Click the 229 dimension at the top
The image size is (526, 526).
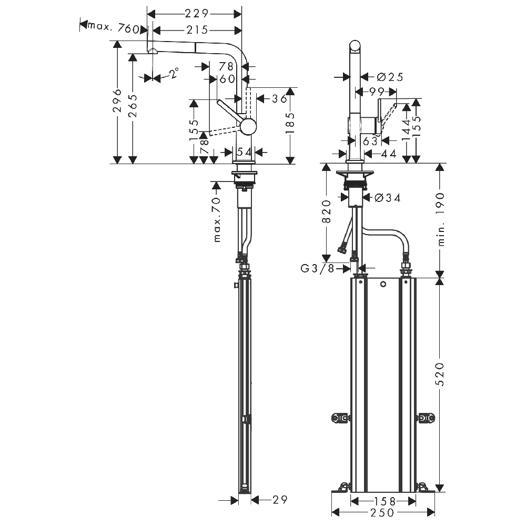(x=197, y=14)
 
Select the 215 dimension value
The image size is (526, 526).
(x=197, y=30)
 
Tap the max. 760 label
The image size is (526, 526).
(x=113, y=27)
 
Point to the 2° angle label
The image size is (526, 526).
(x=174, y=73)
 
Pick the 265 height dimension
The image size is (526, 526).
(x=133, y=106)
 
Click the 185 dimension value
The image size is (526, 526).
(x=290, y=123)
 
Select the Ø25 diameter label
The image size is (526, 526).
(x=390, y=77)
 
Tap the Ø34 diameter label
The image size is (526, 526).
(x=388, y=198)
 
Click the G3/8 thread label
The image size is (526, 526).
(x=318, y=268)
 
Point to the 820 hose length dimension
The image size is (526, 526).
(x=327, y=211)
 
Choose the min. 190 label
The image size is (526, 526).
(x=441, y=219)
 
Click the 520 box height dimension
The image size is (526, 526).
(x=440, y=374)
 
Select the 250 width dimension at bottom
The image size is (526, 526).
(x=382, y=512)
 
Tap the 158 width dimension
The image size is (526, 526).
(x=385, y=501)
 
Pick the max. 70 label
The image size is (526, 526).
(x=217, y=220)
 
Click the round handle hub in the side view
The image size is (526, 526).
(x=248, y=127)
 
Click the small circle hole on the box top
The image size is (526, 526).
(x=383, y=285)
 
